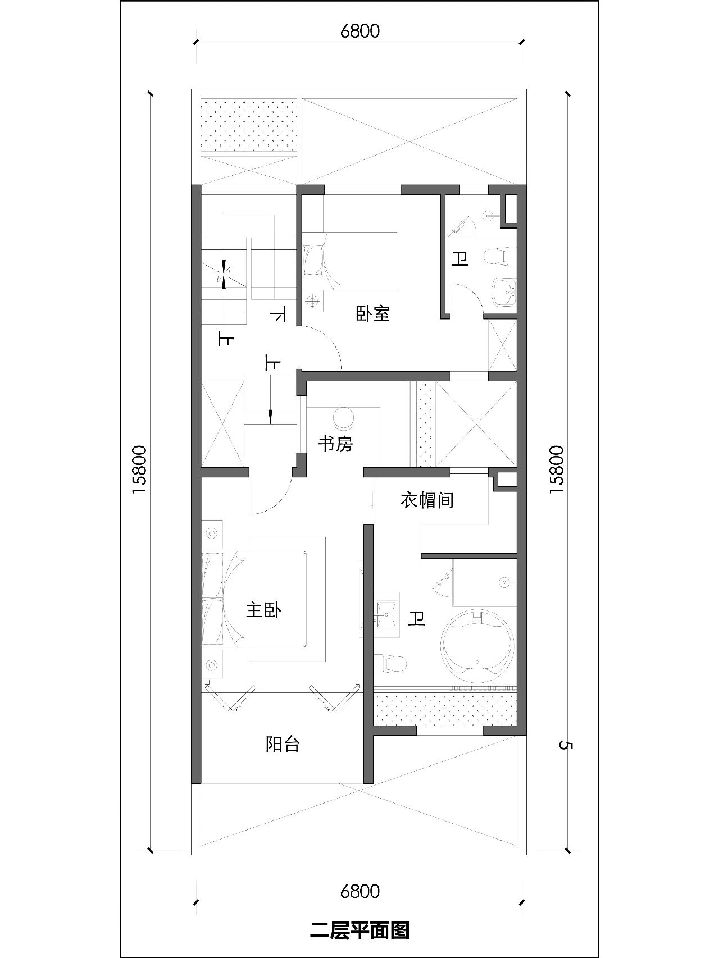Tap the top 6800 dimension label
[x=359, y=30]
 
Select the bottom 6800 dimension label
[x=359, y=891]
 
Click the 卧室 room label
[x=372, y=313]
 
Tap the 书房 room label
[x=335, y=444]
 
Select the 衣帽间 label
[x=427, y=500]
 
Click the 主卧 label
[x=263, y=610]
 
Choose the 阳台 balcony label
[x=283, y=745]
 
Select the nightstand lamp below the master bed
[x=212, y=665]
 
